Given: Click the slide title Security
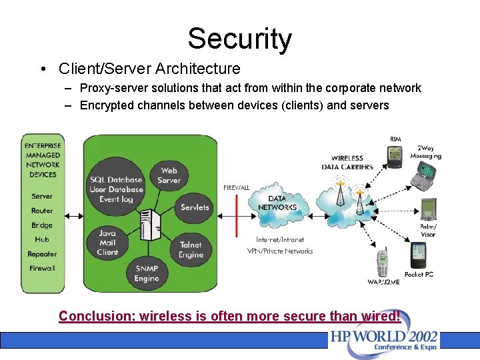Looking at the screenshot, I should [x=239, y=39].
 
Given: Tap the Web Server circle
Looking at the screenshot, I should [x=169, y=176].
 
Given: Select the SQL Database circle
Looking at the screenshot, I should [x=117, y=189].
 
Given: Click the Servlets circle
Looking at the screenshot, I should [x=195, y=207].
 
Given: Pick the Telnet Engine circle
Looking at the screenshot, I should [x=191, y=249].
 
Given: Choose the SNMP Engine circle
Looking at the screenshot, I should [x=147, y=273].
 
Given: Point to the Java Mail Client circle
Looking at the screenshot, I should [x=107, y=243].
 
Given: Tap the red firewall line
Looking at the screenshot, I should [x=237, y=215].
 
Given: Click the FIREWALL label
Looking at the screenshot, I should [x=237, y=188].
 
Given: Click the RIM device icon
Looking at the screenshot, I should [x=395, y=157].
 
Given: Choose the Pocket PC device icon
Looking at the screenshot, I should [x=418, y=255].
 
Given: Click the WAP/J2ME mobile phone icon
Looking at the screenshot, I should [x=382, y=263].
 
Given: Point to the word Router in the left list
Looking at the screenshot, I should [x=42, y=211].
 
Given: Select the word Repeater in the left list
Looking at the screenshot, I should [x=42, y=254].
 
